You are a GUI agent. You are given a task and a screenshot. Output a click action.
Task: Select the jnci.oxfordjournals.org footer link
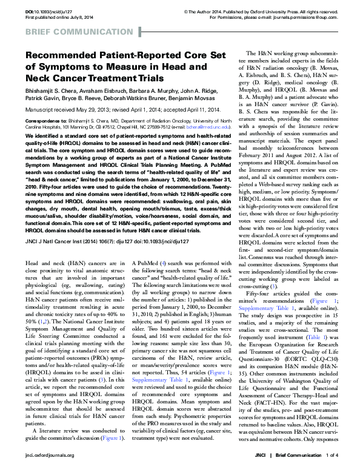50,471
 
